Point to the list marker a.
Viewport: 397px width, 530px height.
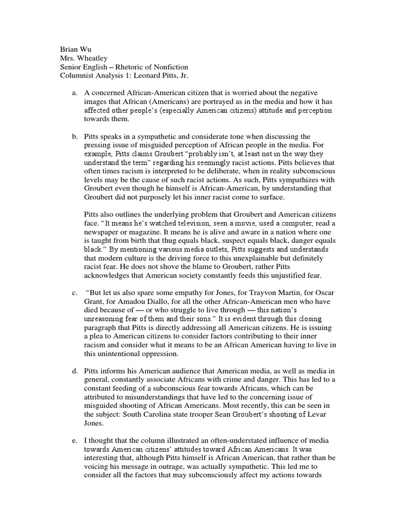(74, 94)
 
